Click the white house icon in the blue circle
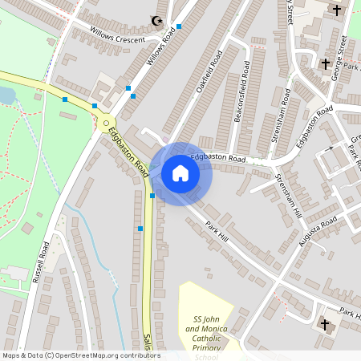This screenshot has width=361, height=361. pos(180,173)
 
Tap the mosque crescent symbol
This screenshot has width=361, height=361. pos(156,22)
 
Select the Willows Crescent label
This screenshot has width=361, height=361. pos(118,35)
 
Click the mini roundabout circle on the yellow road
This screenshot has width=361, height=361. pos(107,122)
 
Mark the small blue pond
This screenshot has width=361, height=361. pos(6,96)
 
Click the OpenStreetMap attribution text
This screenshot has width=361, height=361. pos(80,355)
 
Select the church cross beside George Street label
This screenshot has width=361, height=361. pos(326,63)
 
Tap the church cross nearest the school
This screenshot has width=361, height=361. pos(326,324)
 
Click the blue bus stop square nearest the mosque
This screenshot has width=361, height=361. pos(178,26)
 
